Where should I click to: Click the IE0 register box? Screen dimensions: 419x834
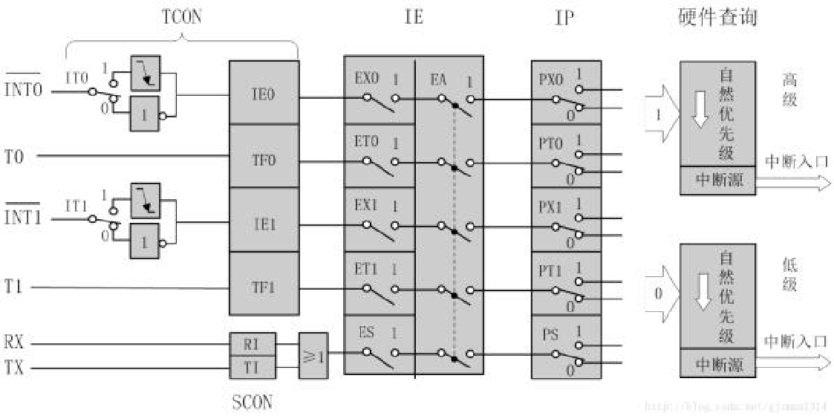click(264, 94)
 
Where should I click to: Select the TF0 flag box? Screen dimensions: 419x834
click(264, 157)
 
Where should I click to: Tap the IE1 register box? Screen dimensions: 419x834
click(264, 222)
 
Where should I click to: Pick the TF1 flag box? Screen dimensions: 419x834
click(264, 286)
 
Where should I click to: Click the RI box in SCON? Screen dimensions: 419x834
click(253, 344)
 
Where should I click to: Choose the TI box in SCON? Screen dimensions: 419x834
click(253, 367)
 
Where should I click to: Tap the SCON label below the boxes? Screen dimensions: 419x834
click(253, 403)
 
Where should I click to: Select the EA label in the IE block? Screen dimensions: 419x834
click(438, 78)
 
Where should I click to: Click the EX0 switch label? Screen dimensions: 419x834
click(366, 78)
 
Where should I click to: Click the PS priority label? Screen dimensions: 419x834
click(550, 335)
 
